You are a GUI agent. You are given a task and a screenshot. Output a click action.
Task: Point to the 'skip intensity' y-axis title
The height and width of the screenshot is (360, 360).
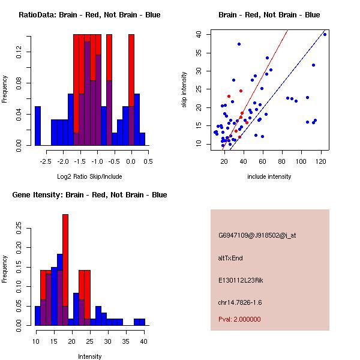pos(184,90)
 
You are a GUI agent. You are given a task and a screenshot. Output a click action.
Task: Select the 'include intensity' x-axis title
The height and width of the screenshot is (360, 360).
pos(269,176)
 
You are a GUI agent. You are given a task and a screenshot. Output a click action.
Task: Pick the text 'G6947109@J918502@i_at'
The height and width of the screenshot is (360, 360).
pos(257,235)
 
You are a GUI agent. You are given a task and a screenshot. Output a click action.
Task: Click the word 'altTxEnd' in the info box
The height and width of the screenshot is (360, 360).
pos(230,258)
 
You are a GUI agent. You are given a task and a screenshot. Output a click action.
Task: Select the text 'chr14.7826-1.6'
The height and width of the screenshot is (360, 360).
pos(241,302)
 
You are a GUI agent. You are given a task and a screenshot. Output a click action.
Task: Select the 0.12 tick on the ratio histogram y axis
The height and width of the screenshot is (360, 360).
pos(20,53)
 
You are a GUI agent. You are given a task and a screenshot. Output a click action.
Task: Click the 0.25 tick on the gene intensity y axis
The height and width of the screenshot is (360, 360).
pos(20,228)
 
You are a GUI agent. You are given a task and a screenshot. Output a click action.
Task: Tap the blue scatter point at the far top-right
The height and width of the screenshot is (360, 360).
pos(325,34)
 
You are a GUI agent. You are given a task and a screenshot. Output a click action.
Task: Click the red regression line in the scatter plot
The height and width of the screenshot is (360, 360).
pos(264,66)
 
